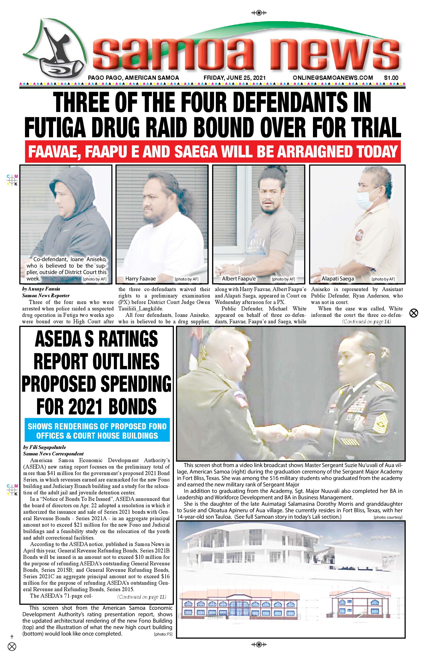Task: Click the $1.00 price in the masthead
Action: tap(391, 78)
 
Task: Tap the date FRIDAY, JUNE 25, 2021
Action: tap(235, 78)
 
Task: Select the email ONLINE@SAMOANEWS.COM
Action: tap(333, 78)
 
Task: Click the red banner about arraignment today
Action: tap(212, 151)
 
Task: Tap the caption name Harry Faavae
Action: tap(140, 279)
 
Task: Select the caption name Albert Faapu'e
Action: tap(239, 279)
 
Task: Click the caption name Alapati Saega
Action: tap(338, 279)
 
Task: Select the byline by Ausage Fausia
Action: tap(41, 289)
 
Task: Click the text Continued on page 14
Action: tap(367, 322)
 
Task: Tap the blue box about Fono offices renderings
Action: tap(97, 431)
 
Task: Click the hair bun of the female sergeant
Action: tap(384, 352)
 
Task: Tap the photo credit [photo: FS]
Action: tap(163, 634)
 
